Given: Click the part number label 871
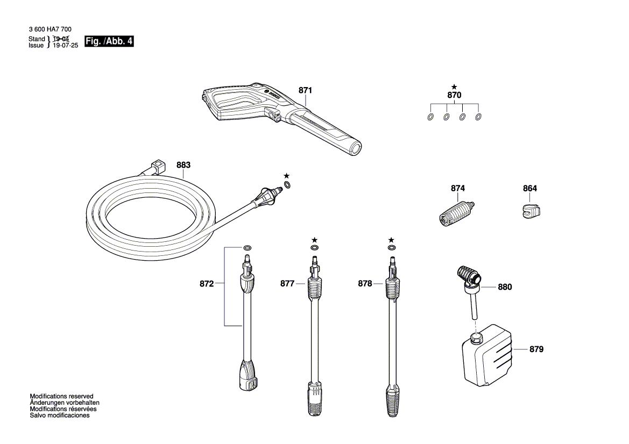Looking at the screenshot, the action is coord(305,90).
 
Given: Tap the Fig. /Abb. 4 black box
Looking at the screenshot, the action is coord(109,41).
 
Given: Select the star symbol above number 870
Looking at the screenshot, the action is coord(454,87).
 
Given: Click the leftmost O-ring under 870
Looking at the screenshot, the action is coord(430,117).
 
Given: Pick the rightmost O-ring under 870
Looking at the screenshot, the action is coord(478,117).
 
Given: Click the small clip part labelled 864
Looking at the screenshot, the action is coord(532,211).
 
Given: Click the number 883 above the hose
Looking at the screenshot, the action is coord(183,165).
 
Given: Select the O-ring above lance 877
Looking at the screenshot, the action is coord(314,248).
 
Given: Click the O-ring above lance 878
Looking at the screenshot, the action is coord(392,248).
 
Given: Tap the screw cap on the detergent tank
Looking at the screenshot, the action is coord(476,338).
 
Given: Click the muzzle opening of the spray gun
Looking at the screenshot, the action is coord(356,148).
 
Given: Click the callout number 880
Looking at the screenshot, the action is coord(505,287).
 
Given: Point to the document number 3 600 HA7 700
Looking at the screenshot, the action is coord(50,29).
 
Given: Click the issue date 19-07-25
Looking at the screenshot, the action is coord(66,46).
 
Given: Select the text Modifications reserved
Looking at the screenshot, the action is coord(61,396).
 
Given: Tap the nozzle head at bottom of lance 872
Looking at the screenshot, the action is coord(248,375).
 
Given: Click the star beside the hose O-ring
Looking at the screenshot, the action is coord(286,176).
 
